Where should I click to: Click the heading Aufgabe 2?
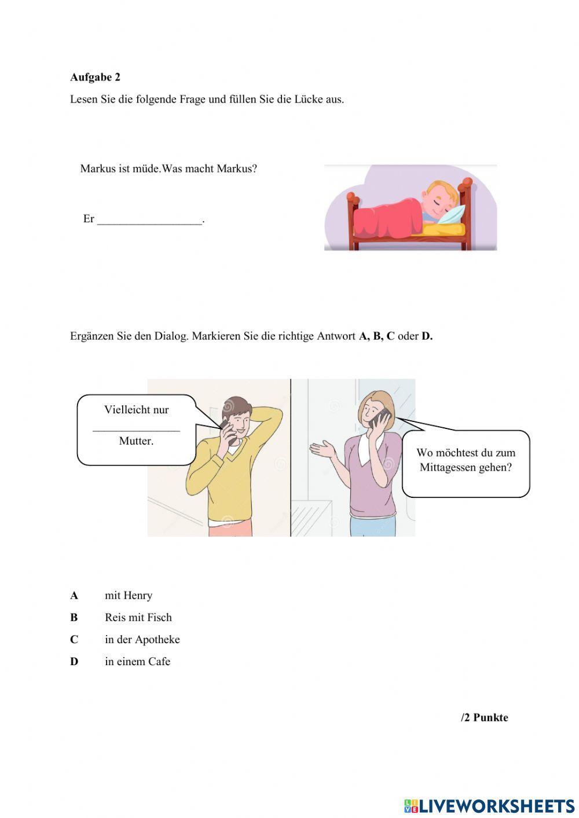click(95, 77)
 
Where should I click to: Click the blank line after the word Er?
click(150, 221)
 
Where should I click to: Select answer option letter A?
click(74, 595)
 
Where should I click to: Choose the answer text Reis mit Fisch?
click(138, 617)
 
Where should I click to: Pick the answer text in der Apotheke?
click(142, 639)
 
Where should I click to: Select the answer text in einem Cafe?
click(138, 661)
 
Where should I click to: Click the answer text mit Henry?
click(129, 595)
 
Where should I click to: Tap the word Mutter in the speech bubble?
click(136, 441)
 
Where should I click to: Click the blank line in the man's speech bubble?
click(136, 429)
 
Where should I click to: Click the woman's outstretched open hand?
click(321, 448)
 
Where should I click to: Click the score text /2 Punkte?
click(484, 717)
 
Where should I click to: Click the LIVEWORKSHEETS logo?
click(489, 805)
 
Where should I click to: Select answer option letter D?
click(74, 661)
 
